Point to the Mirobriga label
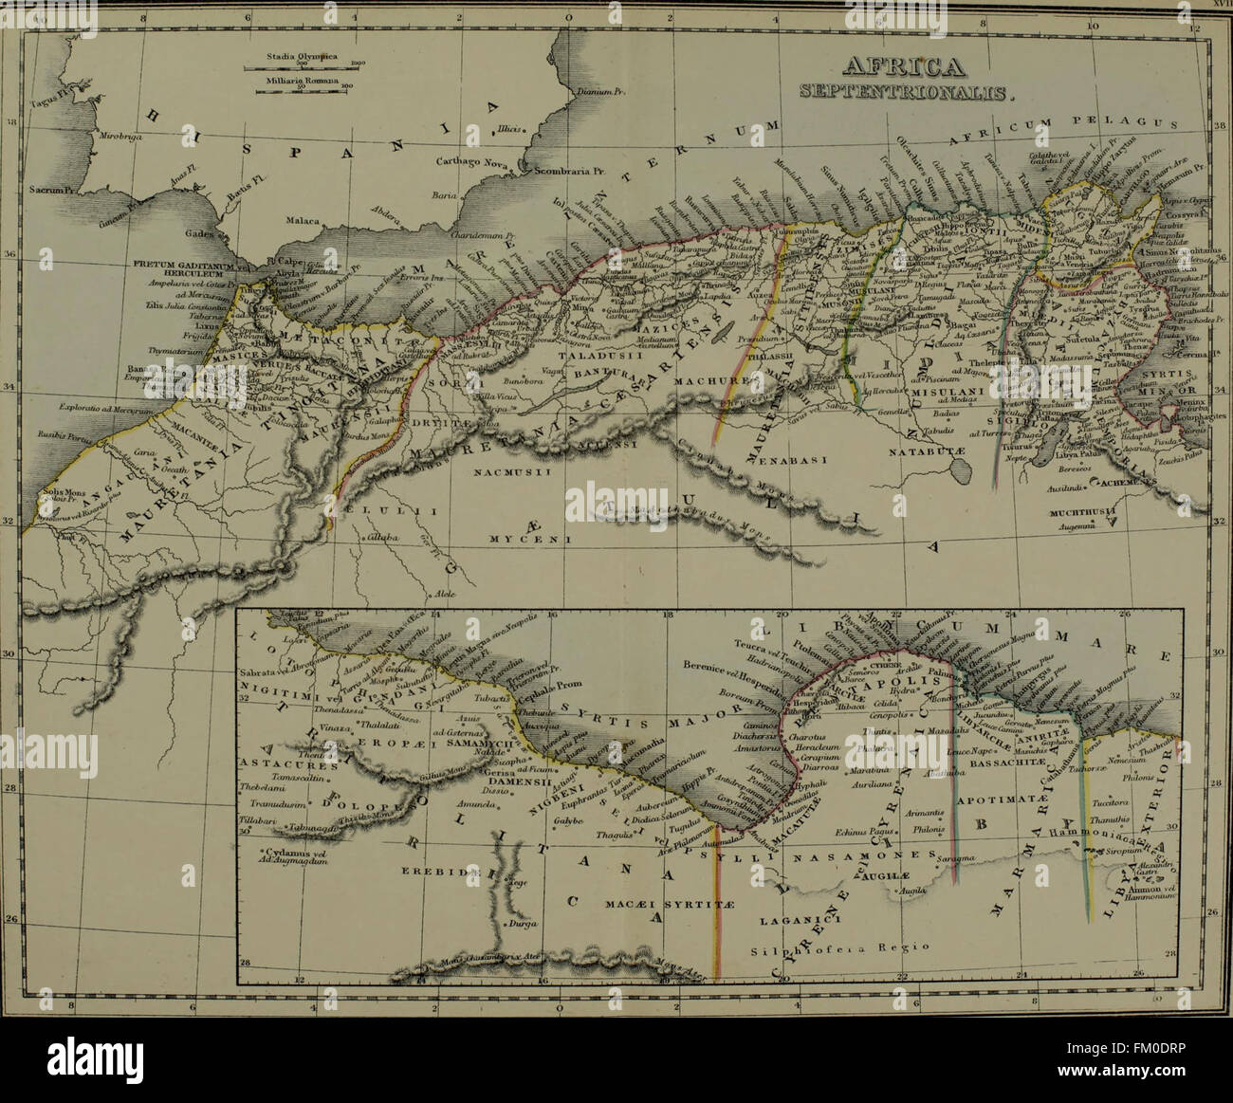(x=119, y=137)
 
